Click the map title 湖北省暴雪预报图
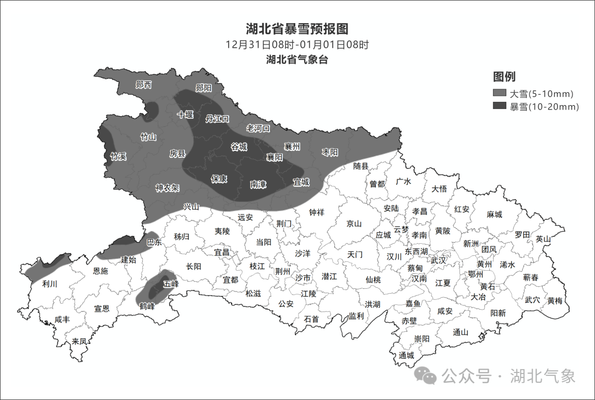pos(297,29)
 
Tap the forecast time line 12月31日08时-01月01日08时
pos(297,45)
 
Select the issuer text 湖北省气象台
pos(297,59)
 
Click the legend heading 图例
pos(504,76)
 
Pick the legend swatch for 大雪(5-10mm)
pos(499,94)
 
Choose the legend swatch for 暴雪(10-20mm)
pos(499,106)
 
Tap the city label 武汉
pos(439,260)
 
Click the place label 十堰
pos(185,114)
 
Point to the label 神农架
pos(167,188)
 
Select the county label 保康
pos(219,179)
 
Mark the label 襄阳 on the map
pos(274,157)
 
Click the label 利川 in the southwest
pos(50,284)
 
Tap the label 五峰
pos(171,284)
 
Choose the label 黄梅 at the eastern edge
pos(555,300)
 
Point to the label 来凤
pos(79,341)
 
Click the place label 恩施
pos(100,271)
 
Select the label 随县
pos(361,166)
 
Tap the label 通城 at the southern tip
pos(407,355)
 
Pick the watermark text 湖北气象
pos(543,376)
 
